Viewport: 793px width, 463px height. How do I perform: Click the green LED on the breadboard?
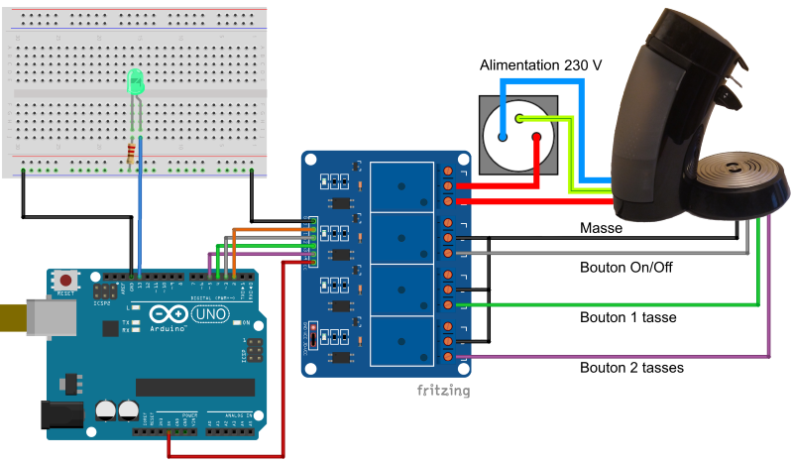pyautogui.click(x=135, y=85)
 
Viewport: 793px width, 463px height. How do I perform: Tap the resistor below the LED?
pyautogui.click(x=134, y=154)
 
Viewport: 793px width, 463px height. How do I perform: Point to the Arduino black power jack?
pyautogui.click(x=61, y=417)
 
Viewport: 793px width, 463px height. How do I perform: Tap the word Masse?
pyautogui.click(x=601, y=229)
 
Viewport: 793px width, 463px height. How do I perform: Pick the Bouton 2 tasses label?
pyautogui.click(x=632, y=368)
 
